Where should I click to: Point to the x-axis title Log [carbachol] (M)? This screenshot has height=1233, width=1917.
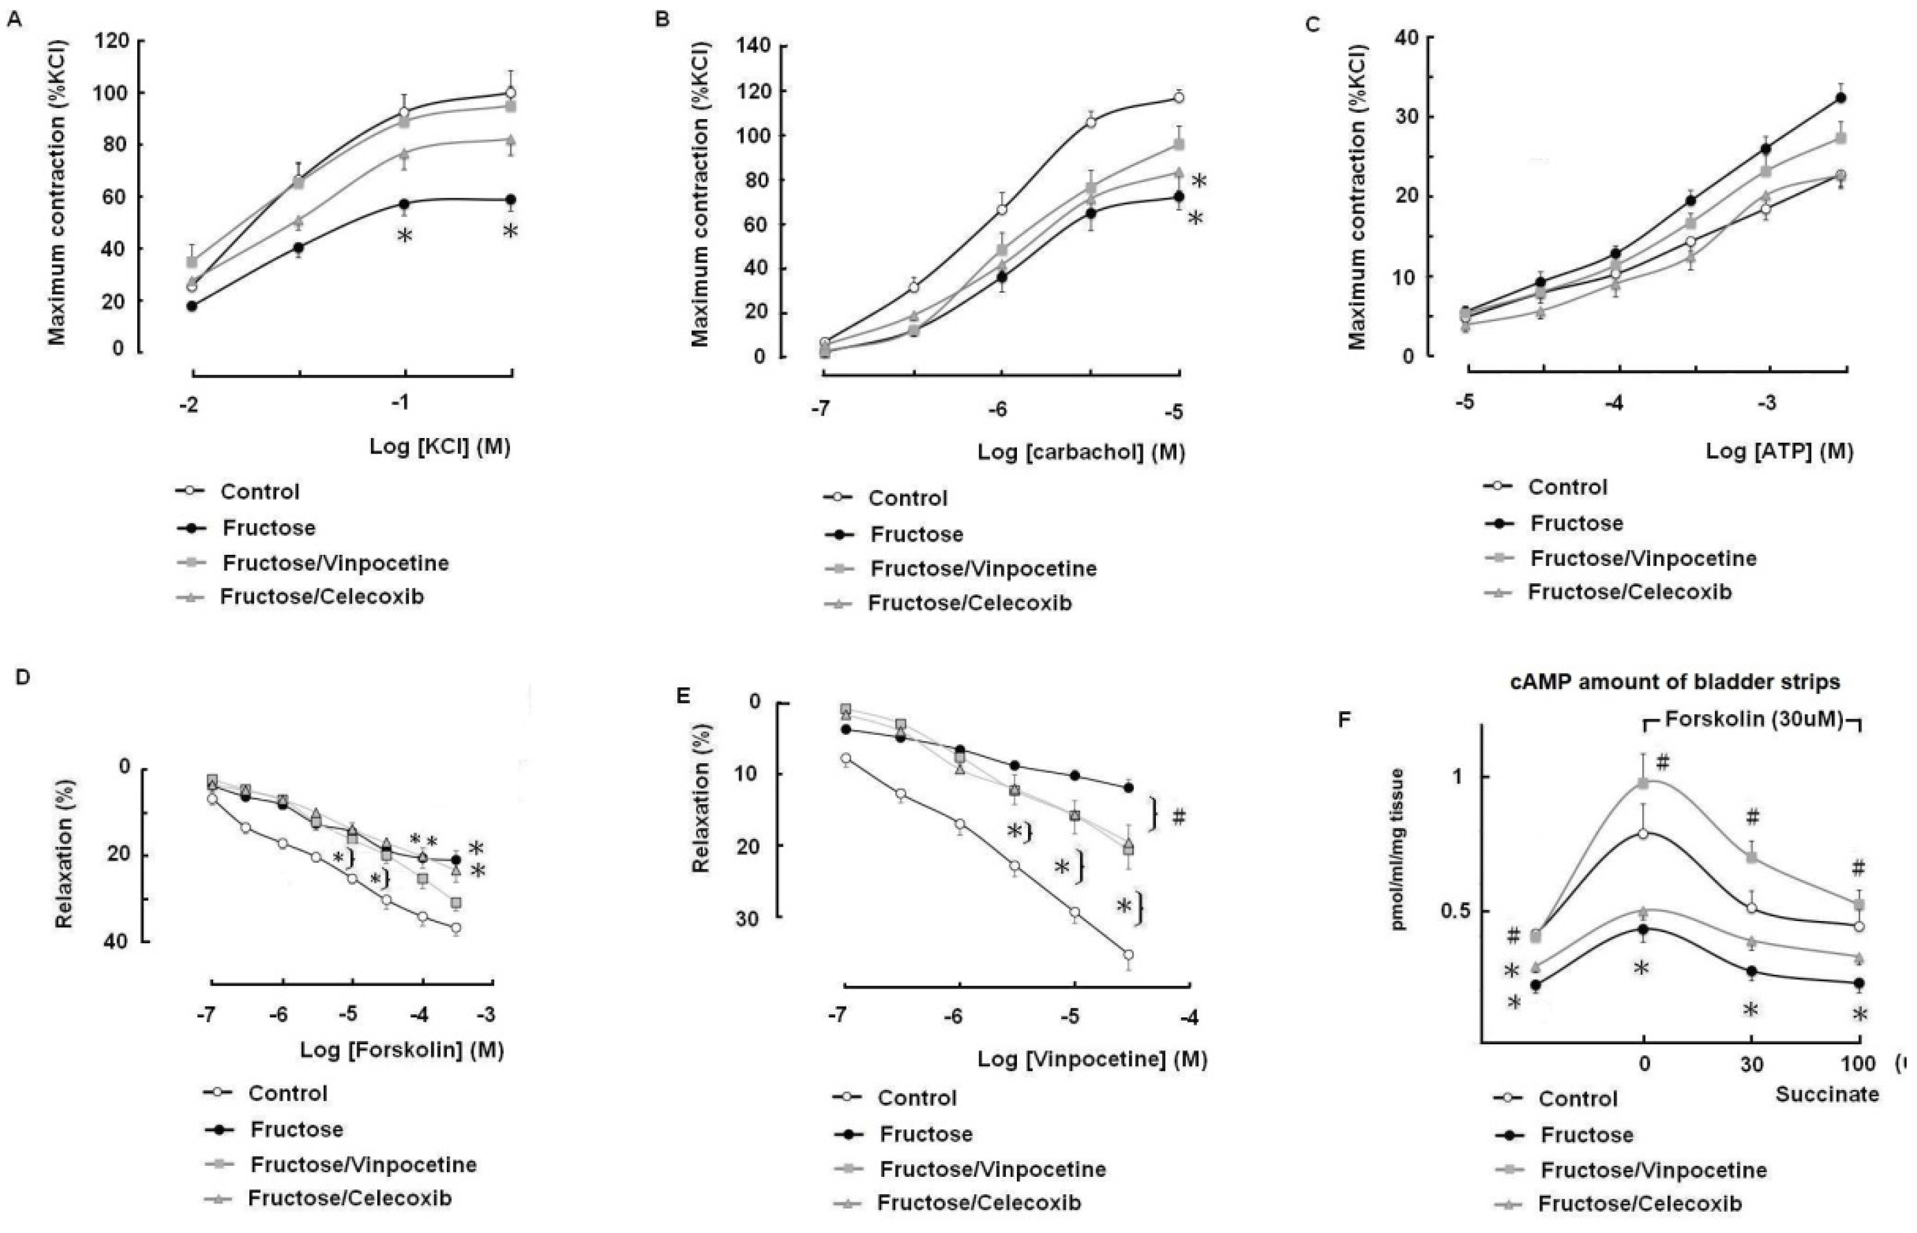[x=1080, y=452]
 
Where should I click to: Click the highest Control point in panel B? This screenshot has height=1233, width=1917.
[x=1178, y=98]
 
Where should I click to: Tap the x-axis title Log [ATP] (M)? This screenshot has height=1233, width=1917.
[x=1779, y=451]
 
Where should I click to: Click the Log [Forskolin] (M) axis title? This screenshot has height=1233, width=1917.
[x=401, y=1049]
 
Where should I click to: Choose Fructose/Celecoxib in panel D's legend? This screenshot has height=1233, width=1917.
[x=349, y=1198]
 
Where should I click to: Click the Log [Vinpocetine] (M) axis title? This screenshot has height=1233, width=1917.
[x=1092, y=1059]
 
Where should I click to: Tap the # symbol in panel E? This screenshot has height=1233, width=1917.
[x=1178, y=818]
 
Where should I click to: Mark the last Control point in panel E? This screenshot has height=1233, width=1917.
[x=1128, y=954]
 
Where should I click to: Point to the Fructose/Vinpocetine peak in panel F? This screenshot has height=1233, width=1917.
[x=1644, y=783]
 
